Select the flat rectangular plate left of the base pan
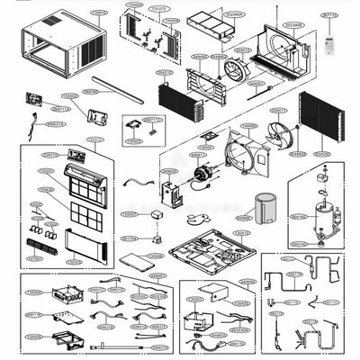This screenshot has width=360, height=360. click(x=139, y=262)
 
